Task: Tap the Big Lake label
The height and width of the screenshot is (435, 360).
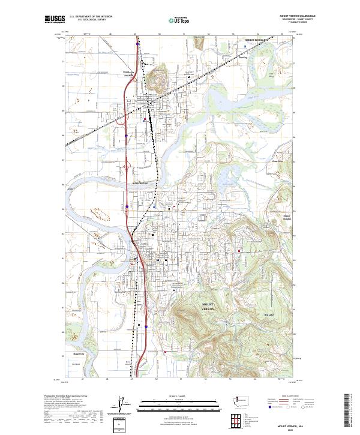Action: [x=269, y=314]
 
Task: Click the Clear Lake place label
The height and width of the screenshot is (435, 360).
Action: [x=277, y=161]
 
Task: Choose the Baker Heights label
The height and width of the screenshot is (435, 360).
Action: [x=286, y=217]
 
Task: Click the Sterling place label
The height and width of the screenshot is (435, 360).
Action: [x=243, y=59]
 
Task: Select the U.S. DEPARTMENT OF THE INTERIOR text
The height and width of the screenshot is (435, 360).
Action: [x=91, y=17]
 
